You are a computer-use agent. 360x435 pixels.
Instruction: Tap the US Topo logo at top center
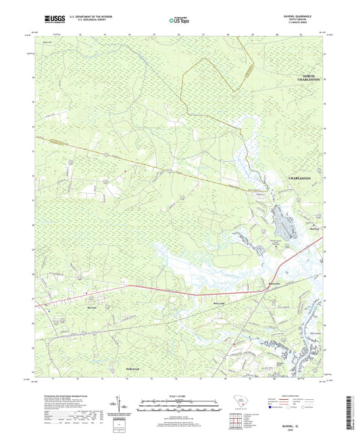click(179, 20)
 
